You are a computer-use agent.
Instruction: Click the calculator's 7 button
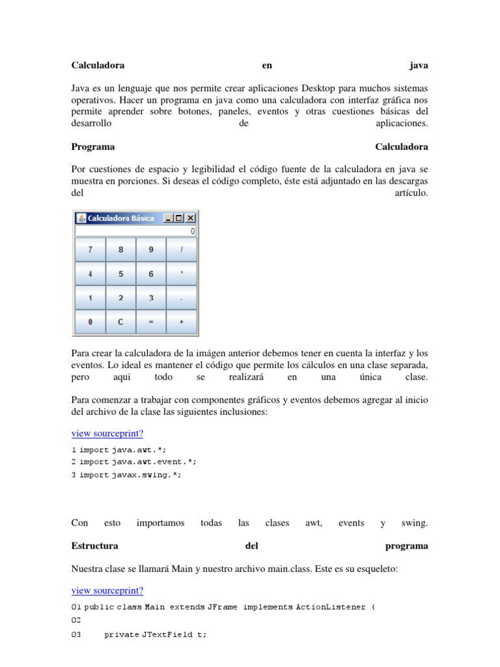click(90, 249)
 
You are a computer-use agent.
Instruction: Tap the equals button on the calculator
click(151, 322)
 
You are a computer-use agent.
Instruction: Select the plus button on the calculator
click(182, 322)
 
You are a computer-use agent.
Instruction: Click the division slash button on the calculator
click(182, 249)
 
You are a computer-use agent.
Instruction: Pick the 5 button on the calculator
click(120, 274)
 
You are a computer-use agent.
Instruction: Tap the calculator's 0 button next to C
click(90, 322)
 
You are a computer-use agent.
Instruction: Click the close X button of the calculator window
click(191, 218)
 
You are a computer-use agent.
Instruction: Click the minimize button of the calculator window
click(169, 218)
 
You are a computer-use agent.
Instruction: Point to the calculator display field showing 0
click(135, 231)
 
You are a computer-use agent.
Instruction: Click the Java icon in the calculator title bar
click(81, 218)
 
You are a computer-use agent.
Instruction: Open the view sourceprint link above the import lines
click(107, 434)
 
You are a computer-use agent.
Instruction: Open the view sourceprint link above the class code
click(107, 590)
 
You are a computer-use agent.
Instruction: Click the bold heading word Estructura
click(94, 546)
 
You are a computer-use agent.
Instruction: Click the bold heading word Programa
click(92, 147)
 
